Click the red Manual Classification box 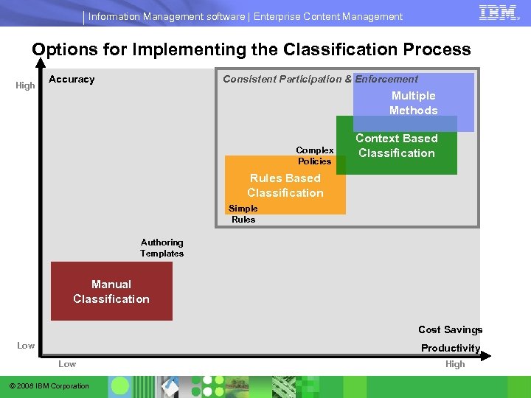coord(111,291)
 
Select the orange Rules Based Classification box coord(285,186)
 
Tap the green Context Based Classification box coord(397,146)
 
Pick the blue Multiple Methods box coord(413,102)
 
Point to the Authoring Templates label coord(162,248)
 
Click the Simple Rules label coord(243,214)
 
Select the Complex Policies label coord(315,156)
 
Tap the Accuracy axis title coord(72,79)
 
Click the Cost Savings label coord(450,329)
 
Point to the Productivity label coord(450,348)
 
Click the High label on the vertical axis coord(26,85)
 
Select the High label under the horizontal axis coord(455,364)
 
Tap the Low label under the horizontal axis coord(67,364)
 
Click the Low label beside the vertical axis coord(26,346)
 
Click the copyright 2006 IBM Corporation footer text coord(49,386)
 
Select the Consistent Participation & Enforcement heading coord(320,79)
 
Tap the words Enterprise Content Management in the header coord(328,16)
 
